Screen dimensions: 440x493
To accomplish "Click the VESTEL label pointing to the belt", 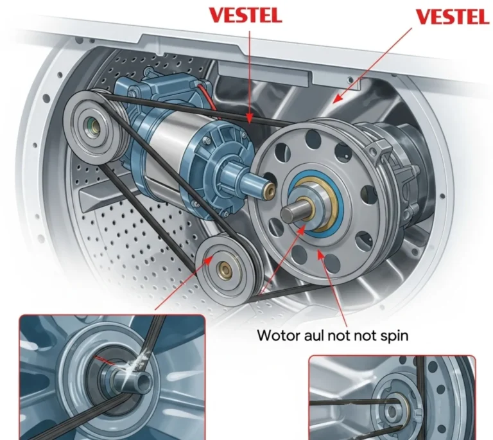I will pos(245,16).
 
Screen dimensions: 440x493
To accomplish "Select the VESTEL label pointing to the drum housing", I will pos(452,17).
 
